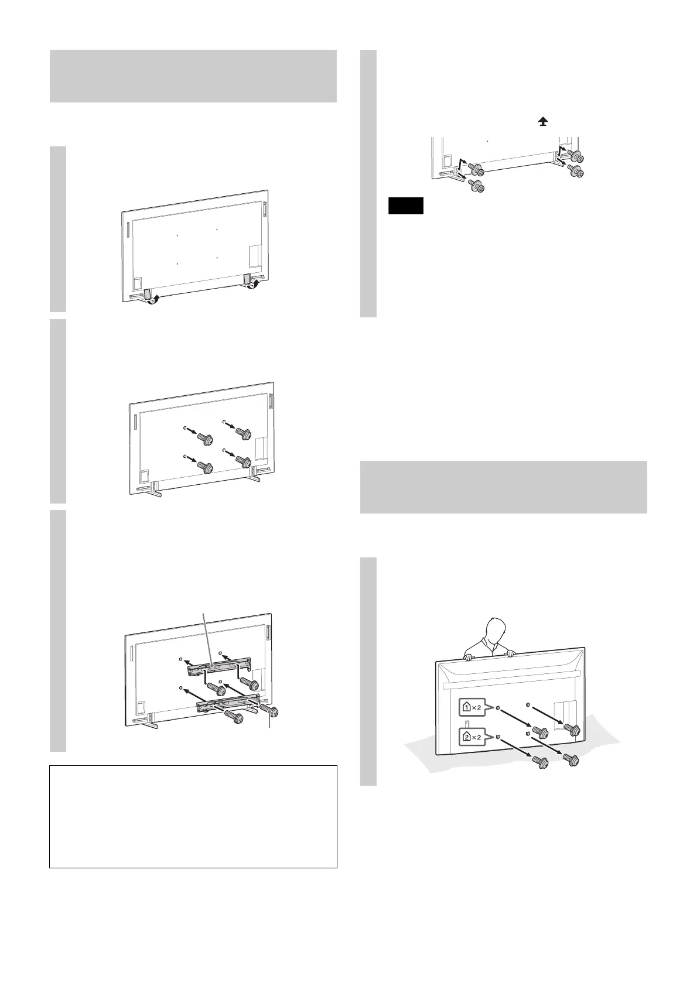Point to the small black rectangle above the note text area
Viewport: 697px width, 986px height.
click(405, 207)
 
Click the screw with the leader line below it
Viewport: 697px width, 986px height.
click(269, 711)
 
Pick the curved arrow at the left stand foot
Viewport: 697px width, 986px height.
click(154, 300)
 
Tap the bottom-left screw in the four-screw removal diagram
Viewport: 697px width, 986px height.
click(204, 467)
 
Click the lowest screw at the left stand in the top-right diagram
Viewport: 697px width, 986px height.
click(476, 187)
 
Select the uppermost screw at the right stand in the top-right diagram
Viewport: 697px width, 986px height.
click(575, 156)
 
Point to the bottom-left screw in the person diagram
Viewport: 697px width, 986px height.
click(539, 762)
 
